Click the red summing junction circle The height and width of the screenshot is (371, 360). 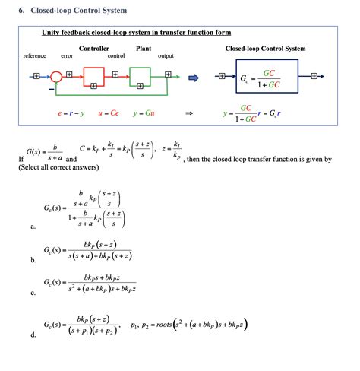(x=56, y=77)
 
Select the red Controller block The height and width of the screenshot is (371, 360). (x=94, y=77)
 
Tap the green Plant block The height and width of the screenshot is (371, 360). (x=141, y=77)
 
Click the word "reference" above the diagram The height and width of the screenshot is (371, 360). (x=35, y=56)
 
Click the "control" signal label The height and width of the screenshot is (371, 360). (x=116, y=56)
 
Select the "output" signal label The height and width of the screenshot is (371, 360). (x=166, y=56)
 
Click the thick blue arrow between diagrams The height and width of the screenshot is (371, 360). (x=193, y=77)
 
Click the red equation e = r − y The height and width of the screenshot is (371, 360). (x=71, y=113)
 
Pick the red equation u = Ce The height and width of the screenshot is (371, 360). (x=106, y=113)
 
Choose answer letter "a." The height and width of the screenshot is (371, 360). (x=33, y=227)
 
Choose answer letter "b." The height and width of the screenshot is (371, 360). (x=33, y=260)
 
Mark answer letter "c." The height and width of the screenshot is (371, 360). (x=33, y=293)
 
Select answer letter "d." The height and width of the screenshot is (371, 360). (x=33, y=335)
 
